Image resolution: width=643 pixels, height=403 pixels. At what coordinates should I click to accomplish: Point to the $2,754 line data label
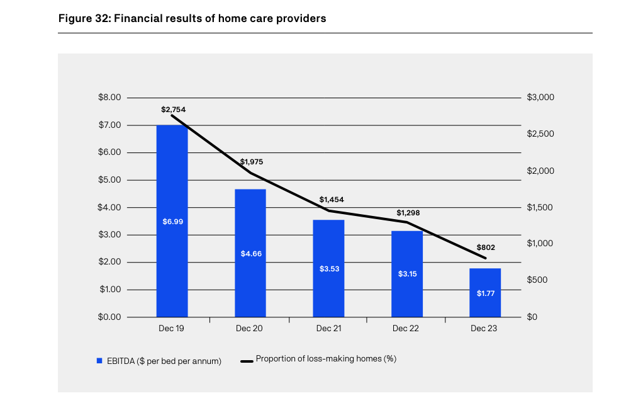[x=173, y=110]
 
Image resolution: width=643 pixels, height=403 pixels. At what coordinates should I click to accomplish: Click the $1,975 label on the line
[x=251, y=162]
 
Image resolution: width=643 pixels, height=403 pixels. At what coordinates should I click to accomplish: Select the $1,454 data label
[x=332, y=200]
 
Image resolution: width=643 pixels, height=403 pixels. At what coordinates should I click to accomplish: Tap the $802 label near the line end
[x=486, y=247]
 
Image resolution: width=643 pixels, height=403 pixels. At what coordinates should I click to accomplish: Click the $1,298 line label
[x=408, y=213]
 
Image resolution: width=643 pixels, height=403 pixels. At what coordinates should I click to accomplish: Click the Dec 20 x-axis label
[x=249, y=329]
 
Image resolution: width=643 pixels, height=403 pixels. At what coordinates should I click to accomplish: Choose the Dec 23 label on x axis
[x=484, y=329]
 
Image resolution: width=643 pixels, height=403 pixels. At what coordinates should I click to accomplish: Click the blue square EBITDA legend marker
[x=99, y=361]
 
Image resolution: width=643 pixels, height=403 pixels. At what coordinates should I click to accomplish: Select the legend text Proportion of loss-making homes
[x=325, y=359]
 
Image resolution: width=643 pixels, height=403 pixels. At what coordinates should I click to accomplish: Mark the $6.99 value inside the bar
[x=172, y=222]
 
